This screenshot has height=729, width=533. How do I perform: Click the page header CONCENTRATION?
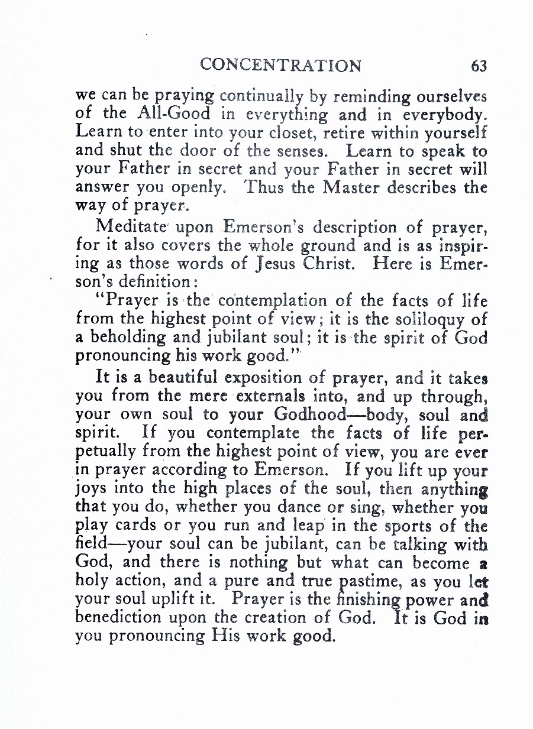pos(280,65)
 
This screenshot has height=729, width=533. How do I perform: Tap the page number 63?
pos(479,66)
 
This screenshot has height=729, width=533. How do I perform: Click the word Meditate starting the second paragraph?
pos(131,227)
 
